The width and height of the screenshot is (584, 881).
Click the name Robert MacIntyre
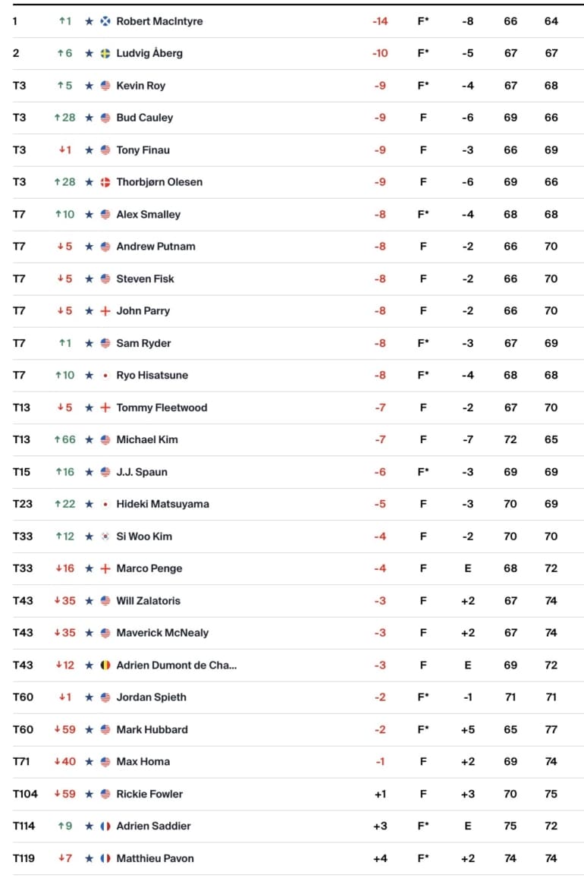(x=159, y=21)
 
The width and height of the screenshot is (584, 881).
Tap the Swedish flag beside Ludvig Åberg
(x=105, y=53)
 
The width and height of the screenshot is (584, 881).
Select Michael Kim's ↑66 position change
(x=64, y=439)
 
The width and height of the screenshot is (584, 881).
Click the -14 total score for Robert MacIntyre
(x=380, y=21)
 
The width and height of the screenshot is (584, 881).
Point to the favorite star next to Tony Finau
(x=89, y=150)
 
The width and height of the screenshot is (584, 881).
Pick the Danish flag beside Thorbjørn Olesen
(x=105, y=182)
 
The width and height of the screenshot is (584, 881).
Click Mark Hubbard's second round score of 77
(x=551, y=729)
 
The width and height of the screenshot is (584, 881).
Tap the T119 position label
(x=24, y=858)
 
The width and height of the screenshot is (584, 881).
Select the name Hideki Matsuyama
(x=162, y=504)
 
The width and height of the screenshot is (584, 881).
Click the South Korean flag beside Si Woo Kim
(x=105, y=536)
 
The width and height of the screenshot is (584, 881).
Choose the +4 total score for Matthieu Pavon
(x=380, y=858)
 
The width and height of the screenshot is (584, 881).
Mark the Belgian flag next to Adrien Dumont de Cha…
(x=105, y=665)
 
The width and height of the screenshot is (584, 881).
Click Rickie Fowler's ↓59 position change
(x=64, y=794)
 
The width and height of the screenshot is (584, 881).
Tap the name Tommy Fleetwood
(x=162, y=407)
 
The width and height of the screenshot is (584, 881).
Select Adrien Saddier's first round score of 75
(x=510, y=826)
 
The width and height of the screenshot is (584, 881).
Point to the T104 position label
(x=25, y=794)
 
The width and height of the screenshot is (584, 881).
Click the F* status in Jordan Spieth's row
(x=423, y=697)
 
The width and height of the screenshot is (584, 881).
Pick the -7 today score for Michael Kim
(x=467, y=439)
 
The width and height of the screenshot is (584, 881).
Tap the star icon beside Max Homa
(x=89, y=762)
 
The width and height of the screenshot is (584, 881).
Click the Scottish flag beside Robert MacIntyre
(x=105, y=21)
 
